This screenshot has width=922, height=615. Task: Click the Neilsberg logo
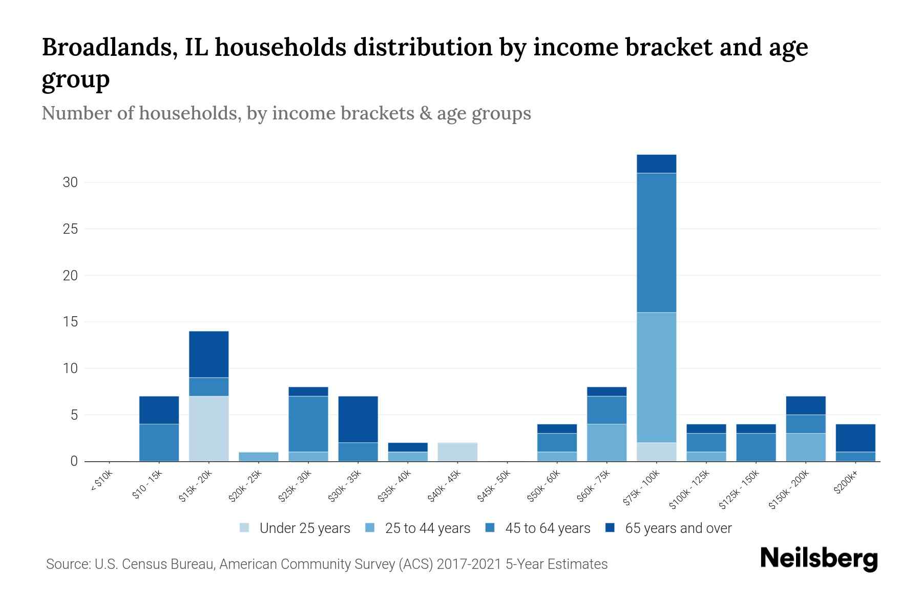(819, 559)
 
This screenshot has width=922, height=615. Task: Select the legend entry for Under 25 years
(304, 528)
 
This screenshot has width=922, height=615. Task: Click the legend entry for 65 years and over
(678, 528)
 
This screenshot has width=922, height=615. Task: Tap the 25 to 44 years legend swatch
(370, 528)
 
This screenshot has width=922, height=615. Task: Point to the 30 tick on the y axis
(70, 182)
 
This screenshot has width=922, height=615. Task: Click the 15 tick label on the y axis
(70, 322)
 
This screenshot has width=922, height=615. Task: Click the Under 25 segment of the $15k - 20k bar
(209, 428)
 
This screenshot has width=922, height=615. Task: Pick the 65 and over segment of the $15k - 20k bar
(209, 355)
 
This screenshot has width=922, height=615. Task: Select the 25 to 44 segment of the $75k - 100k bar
(656, 377)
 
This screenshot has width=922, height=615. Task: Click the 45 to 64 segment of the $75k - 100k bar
(656, 242)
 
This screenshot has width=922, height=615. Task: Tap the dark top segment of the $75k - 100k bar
(656, 164)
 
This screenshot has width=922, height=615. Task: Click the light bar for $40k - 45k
(457, 452)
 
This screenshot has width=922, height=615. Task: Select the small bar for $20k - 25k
(259, 457)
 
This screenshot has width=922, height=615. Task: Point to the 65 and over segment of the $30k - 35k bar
(358, 419)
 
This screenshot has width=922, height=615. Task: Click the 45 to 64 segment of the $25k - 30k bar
(308, 424)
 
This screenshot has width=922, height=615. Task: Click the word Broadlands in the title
(110, 47)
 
